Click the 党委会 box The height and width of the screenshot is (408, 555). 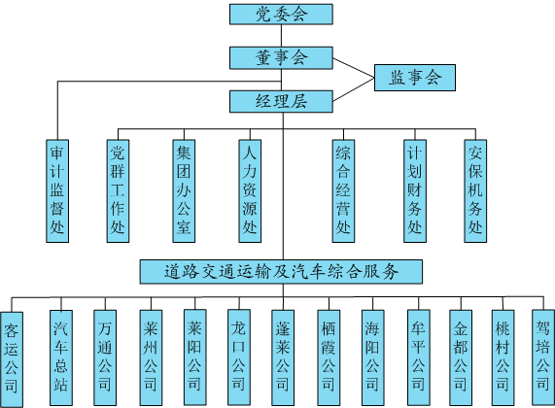(x=281, y=15)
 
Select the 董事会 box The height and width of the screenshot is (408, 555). (x=281, y=57)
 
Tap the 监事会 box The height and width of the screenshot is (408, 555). (x=415, y=78)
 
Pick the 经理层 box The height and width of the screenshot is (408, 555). (x=281, y=102)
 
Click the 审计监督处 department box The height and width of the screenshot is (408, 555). (x=57, y=190)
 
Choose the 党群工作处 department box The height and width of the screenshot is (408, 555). (x=118, y=190)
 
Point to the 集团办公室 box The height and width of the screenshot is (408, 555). (x=184, y=190)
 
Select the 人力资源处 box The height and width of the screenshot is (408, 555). (x=250, y=190)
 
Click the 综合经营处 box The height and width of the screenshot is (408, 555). (x=343, y=190)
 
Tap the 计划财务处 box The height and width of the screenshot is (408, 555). (x=415, y=190)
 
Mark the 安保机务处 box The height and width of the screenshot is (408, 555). (x=475, y=190)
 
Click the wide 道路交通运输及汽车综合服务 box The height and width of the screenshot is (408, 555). (x=281, y=272)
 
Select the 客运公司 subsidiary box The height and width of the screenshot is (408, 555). (x=12, y=359)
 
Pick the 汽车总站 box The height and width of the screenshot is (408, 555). (x=61, y=357)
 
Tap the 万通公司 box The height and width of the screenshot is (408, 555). (x=105, y=357)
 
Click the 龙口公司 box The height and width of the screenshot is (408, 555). (x=238, y=357)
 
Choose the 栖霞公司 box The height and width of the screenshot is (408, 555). (x=329, y=357)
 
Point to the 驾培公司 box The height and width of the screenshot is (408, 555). (x=543, y=357)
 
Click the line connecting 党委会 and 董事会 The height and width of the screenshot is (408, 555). (x=282, y=36)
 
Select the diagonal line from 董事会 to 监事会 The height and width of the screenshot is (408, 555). (x=354, y=68)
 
